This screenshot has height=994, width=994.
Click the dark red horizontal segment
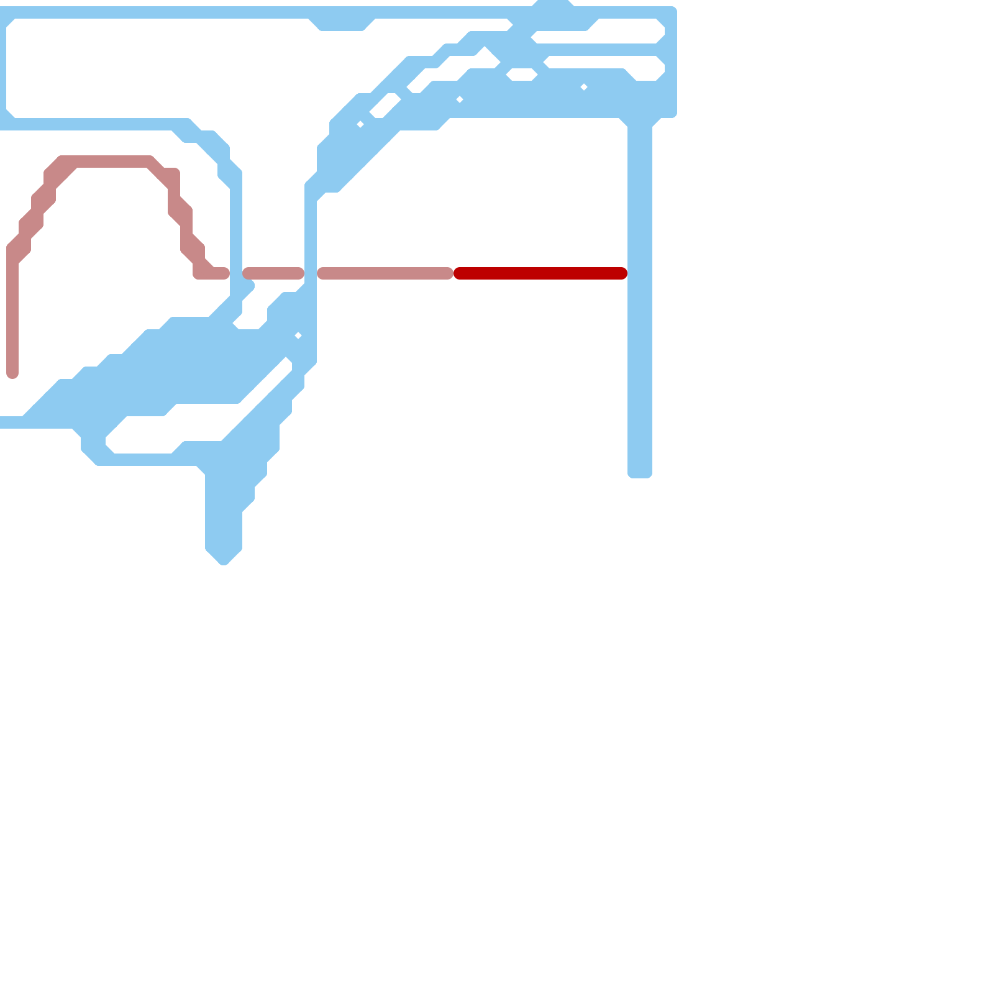pos(540,273)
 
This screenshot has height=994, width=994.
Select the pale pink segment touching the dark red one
pos(385,273)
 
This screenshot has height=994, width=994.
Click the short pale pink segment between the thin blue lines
pos(273,273)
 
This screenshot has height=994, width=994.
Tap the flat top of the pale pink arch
pos(106,162)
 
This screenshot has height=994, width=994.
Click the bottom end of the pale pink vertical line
pos(12,373)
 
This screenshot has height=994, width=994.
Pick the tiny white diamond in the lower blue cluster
pos(298,335)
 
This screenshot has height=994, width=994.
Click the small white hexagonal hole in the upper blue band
pos(522,75)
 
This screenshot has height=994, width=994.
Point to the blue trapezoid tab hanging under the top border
pos(342,24)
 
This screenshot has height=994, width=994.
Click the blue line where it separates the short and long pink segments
pos(311,273)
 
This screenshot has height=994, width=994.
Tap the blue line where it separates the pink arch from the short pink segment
pos(236,273)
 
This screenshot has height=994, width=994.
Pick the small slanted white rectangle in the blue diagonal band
pos(385,106)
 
